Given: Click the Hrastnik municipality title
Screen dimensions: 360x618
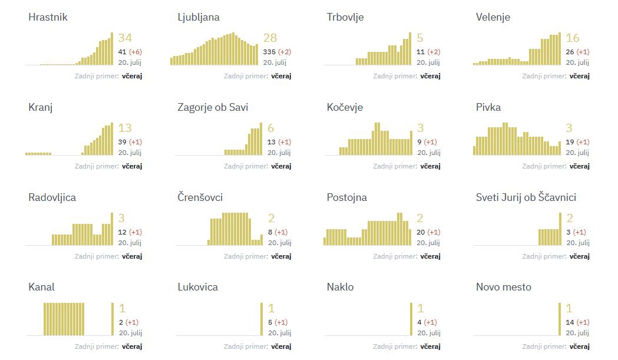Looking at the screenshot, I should click(x=48, y=17).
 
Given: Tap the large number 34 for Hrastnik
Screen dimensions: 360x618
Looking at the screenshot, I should click(x=125, y=38).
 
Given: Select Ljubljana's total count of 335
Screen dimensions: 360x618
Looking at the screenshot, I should click(x=269, y=52).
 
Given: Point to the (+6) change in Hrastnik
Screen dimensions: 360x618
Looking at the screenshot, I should click(x=135, y=52).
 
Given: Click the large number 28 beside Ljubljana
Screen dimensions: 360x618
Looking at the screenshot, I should click(x=270, y=38).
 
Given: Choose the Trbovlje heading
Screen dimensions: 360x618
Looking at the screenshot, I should click(x=345, y=17).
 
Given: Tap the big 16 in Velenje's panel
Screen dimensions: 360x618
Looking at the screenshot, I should click(x=572, y=38).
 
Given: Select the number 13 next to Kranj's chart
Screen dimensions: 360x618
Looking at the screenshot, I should click(x=125, y=128).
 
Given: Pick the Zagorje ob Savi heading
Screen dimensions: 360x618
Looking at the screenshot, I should click(x=213, y=107).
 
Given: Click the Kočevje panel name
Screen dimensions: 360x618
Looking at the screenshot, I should click(x=345, y=107).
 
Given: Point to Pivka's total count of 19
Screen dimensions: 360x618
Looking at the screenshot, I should click(x=570, y=142).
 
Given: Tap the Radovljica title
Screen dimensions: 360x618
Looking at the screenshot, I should click(x=52, y=197).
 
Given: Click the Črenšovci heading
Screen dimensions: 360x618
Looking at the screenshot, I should click(x=200, y=197).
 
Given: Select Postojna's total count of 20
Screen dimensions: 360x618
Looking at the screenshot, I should click(x=421, y=232).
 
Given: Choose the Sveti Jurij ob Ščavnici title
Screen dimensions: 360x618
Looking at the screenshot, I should click(x=526, y=197).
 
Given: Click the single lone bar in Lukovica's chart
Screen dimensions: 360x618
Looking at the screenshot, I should click(x=262, y=319).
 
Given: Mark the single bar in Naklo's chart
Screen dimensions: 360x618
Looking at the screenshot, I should click(x=411, y=319).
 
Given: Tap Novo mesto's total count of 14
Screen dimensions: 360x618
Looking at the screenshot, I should click(x=570, y=322).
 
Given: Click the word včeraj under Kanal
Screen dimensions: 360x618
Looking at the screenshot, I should click(x=132, y=346).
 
